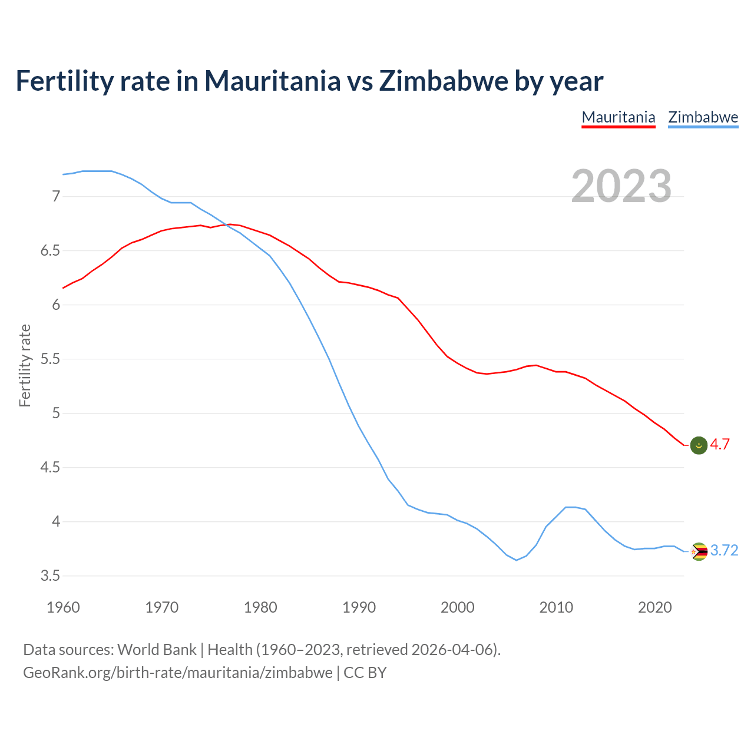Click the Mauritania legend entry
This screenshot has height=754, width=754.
618,117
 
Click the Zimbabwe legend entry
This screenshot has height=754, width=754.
703,117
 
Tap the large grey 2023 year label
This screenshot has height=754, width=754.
621,186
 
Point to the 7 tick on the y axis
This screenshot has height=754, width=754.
56,196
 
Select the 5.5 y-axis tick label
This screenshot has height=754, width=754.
51,359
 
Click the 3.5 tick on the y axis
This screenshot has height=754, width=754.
51,576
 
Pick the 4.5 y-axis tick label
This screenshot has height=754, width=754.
51,468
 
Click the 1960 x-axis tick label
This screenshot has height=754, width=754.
63,607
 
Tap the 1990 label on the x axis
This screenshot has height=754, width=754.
359,607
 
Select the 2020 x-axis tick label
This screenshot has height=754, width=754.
654,607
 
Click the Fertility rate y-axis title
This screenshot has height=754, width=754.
25,365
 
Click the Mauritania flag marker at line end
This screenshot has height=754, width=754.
699,445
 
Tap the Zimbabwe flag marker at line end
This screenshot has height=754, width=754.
699,551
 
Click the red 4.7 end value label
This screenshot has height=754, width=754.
720,445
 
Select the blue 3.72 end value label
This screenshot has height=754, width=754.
724,551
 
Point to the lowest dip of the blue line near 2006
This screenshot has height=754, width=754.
516,560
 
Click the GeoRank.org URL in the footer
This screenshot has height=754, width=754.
178,673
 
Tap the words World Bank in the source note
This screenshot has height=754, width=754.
157,650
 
